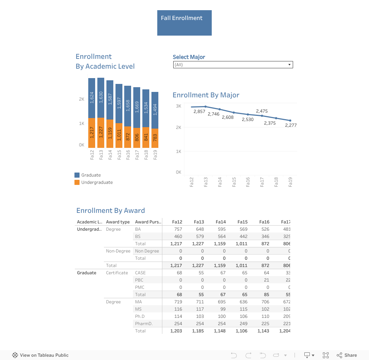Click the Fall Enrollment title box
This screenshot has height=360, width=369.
184,23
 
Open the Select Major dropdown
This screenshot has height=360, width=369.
233,65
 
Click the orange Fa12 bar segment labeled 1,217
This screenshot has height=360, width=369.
92,133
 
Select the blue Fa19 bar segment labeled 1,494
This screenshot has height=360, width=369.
155,110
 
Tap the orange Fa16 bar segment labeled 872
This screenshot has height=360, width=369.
128,137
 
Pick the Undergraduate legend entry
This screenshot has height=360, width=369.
97,182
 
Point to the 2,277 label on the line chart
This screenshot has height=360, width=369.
291,125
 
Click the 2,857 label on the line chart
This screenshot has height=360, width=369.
199,112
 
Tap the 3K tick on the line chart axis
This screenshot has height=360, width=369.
178,106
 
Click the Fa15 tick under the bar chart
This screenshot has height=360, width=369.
119,155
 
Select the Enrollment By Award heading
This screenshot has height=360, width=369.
110,211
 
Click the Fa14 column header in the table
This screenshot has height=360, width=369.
220,222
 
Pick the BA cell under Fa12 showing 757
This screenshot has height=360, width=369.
178,229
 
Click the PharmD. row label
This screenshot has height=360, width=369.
144,324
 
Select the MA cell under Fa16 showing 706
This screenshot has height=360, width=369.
265,302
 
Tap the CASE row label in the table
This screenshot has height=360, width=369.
140,273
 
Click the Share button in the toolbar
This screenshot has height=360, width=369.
347,355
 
